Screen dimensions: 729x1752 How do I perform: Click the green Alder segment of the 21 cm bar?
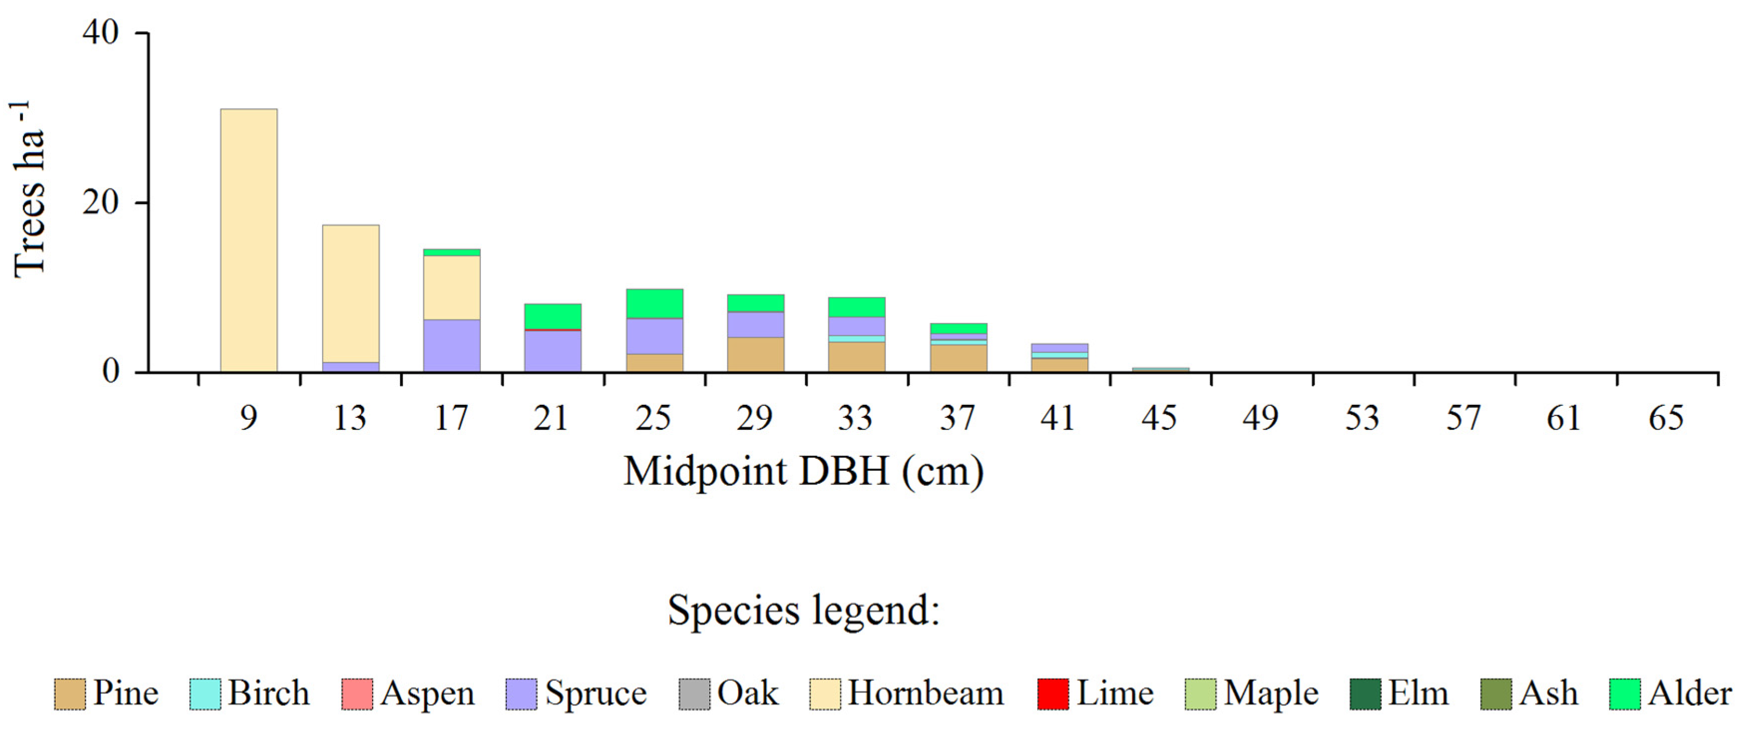tap(552, 316)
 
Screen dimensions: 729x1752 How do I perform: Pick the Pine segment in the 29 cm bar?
tap(755, 355)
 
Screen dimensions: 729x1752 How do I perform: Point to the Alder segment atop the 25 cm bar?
tap(654, 303)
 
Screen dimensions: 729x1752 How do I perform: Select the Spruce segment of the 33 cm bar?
tap(856, 326)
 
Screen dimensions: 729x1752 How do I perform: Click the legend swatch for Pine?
tap(69, 694)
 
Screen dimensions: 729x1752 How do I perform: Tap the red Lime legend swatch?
tap(1052, 694)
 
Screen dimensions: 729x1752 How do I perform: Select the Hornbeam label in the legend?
tap(925, 693)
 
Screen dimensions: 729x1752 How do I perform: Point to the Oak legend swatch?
tap(694, 694)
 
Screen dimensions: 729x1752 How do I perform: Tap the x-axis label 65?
tap(1666, 417)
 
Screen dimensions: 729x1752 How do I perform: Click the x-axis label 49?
tap(1260, 417)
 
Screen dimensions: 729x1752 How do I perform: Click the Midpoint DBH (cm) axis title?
tap(803, 471)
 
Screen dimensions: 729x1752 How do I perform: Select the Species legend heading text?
tap(803, 609)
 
